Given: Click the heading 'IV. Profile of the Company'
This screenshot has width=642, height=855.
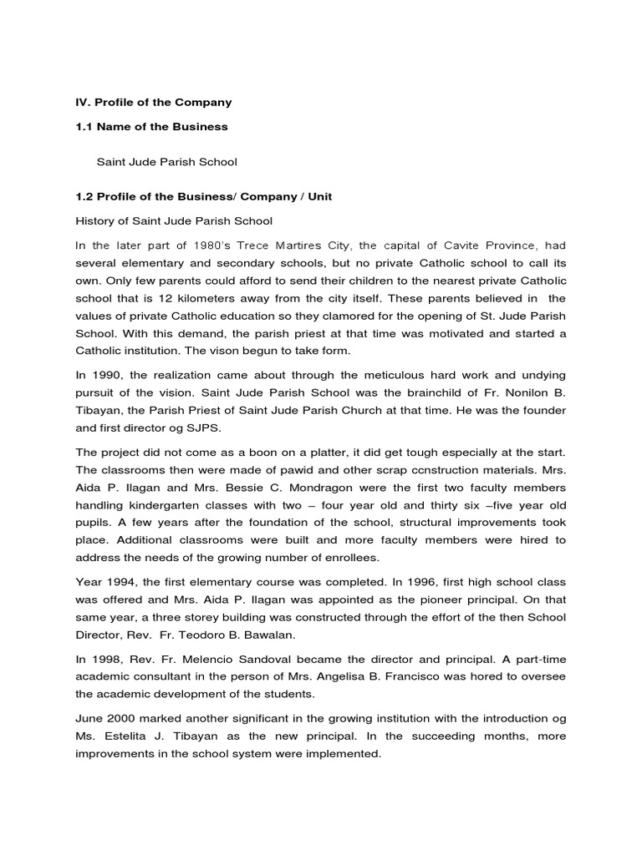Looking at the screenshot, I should (x=154, y=103).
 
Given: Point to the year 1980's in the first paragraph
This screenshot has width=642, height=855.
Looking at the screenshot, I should (x=203, y=245).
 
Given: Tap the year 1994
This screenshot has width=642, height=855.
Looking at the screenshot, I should (x=120, y=581).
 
